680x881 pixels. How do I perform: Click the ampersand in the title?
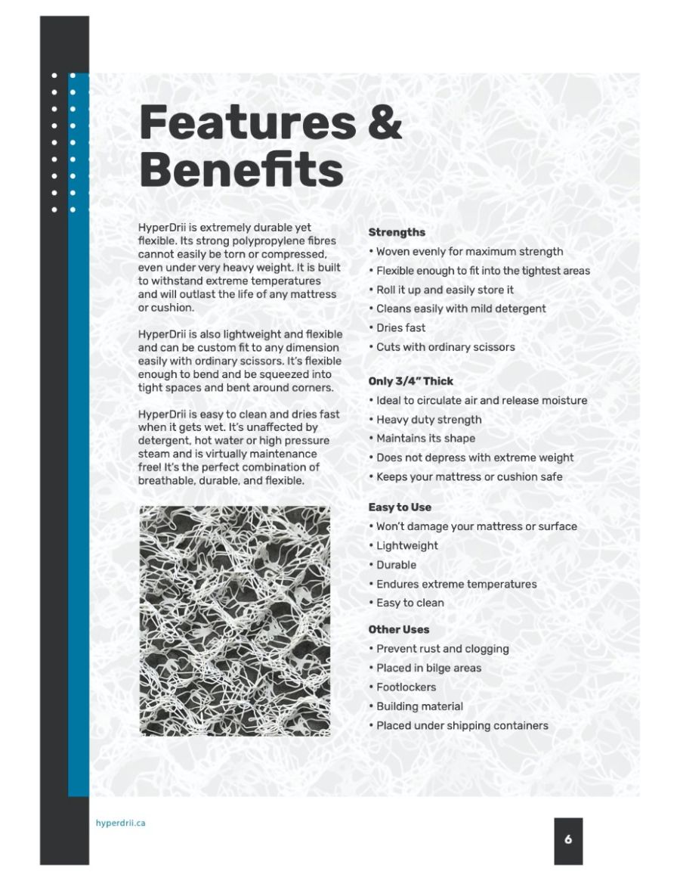385,123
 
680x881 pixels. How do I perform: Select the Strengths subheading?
397,232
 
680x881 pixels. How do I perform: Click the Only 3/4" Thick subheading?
411,381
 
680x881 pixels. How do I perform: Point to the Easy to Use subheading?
400,507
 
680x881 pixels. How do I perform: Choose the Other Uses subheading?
399,629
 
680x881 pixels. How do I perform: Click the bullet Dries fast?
400,327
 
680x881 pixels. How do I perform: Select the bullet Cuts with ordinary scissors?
445,347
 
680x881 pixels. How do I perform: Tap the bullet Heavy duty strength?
428,420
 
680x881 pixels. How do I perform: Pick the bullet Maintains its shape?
425,439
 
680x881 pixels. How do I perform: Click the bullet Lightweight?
406,545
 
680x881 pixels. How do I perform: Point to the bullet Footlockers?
406,687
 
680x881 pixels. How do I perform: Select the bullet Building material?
419,706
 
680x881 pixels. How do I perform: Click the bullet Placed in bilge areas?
428,668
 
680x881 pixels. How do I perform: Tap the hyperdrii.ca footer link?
121,823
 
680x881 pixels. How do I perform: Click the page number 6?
568,839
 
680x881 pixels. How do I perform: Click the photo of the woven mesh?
235,621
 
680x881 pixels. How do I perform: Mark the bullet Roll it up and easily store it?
445,290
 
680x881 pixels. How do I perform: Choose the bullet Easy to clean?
410,603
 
